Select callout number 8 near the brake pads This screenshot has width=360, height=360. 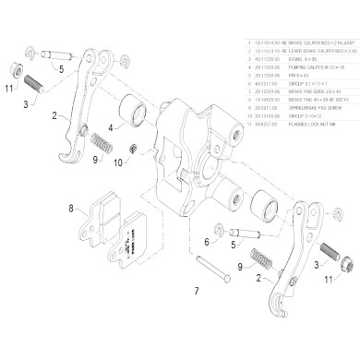tap(70, 210)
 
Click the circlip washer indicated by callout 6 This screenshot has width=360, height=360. tap(216, 232)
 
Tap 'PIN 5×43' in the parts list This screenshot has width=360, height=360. tap(291, 78)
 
